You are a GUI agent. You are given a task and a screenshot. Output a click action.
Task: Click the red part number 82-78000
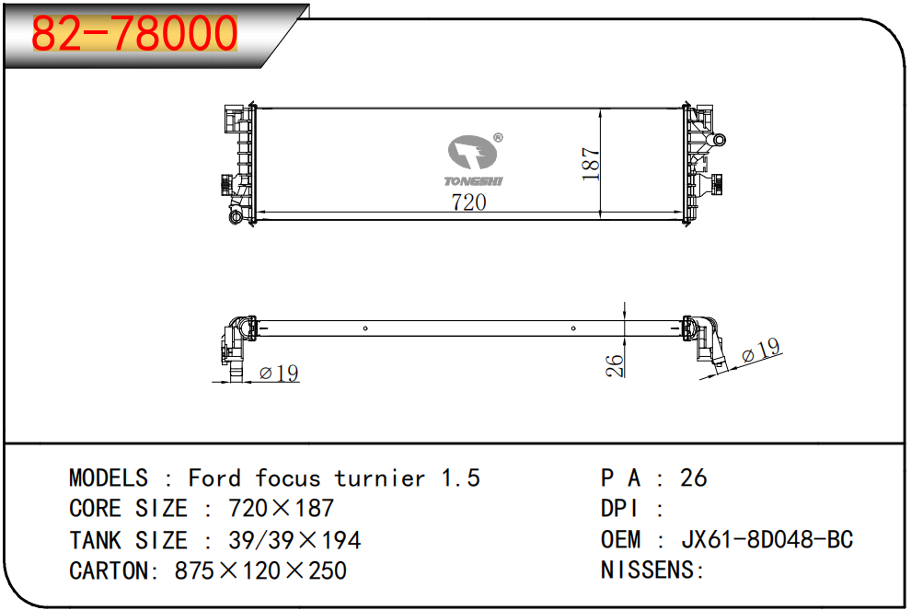pos(134,34)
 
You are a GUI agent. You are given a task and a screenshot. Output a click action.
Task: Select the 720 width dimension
pos(468,202)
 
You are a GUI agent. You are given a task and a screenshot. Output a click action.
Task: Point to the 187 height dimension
pos(590,163)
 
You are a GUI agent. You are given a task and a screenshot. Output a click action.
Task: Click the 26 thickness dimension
pos(614,366)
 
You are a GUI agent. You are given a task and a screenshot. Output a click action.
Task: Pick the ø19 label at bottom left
pos(279,373)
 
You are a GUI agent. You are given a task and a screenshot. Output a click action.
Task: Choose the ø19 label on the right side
pos(761,350)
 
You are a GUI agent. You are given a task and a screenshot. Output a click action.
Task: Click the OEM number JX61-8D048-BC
pos(767,540)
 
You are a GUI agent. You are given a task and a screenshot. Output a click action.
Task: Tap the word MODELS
pos(109,478)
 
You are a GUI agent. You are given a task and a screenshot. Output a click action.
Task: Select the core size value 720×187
pos(282,508)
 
